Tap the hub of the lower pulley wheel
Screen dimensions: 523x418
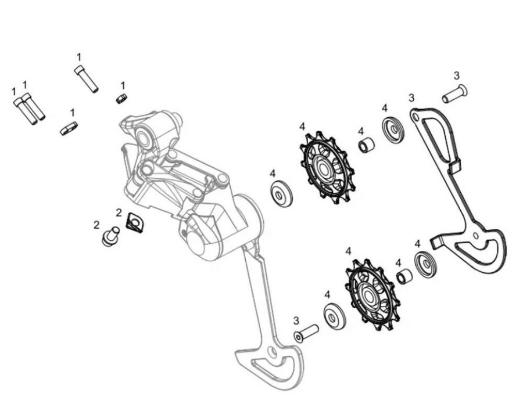tap(370, 295)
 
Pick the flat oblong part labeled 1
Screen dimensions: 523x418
tap(69, 128)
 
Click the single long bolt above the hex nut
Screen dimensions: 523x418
tap(86, 80)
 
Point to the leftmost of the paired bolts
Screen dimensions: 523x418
tap(24, 111)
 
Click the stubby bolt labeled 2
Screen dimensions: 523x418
tap(110, 236)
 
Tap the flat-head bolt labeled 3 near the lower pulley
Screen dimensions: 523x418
tap(306, 333)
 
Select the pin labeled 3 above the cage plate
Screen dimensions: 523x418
tap(454, 94)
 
